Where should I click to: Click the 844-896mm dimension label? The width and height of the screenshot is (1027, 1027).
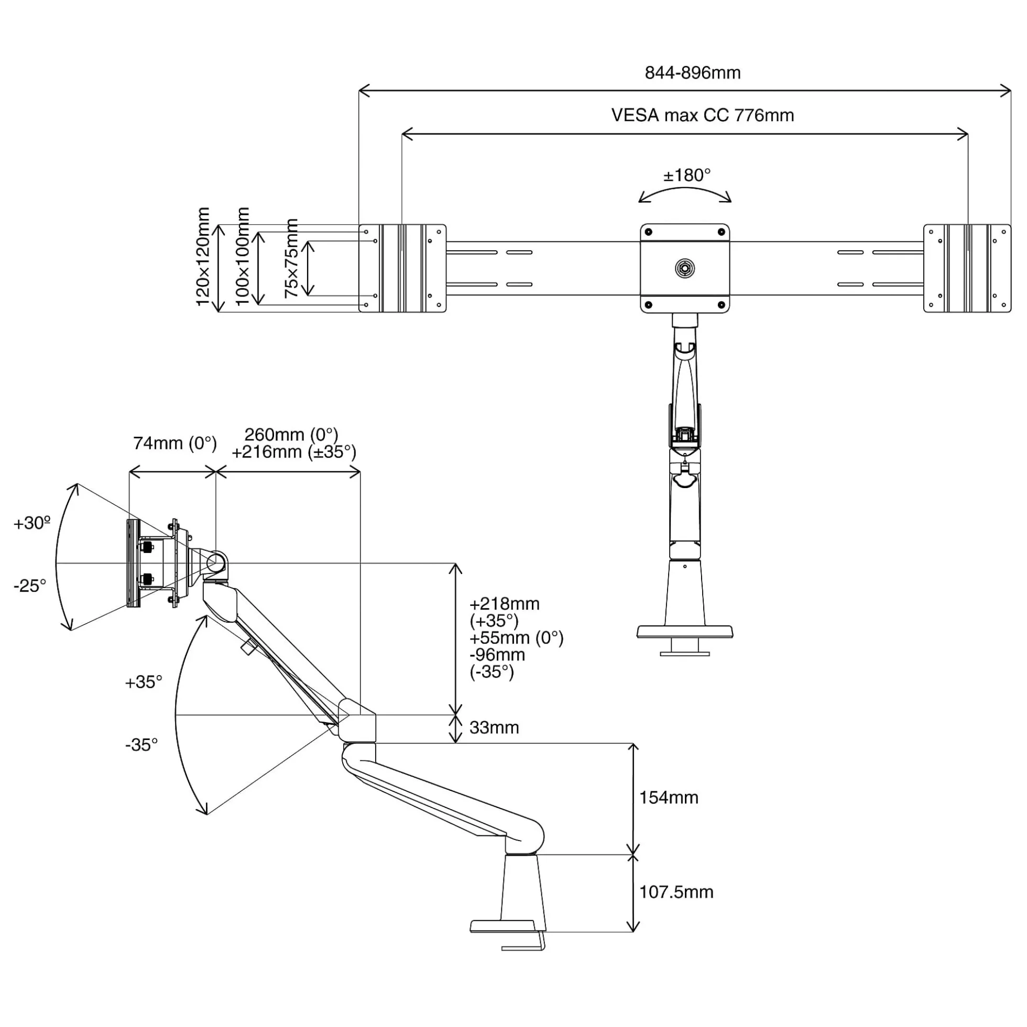coord(693,73)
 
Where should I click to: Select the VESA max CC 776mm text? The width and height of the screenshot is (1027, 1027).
coord(703,115)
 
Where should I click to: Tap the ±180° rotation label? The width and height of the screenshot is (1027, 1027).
coord(686,175)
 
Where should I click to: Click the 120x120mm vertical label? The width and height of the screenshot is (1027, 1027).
coord(203,256)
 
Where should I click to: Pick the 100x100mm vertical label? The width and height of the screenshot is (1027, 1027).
coord(242,256)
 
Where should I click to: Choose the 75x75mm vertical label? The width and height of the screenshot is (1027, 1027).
coord(291,258)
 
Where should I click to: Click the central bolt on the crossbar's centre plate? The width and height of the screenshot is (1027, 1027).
coord(684,268)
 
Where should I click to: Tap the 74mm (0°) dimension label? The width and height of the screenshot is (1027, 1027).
coord(175,443)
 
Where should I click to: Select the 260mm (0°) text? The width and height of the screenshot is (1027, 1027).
coord(291,434)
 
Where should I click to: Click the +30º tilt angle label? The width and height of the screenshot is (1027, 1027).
coord(32,523)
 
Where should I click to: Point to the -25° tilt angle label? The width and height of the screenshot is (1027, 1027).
coord(30,586)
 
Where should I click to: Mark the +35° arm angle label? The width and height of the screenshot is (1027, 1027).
coord(144,682)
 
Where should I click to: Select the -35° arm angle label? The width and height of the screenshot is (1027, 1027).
coord(141,745)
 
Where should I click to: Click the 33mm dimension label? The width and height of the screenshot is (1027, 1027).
coord(494,727)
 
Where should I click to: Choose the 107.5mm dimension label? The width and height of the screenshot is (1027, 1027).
coord(676,892)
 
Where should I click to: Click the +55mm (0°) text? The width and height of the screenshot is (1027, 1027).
coord(517,638)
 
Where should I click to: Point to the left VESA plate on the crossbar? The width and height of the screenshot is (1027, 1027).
coord(402,268)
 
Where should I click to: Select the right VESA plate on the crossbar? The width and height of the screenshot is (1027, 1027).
coord(967,268)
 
